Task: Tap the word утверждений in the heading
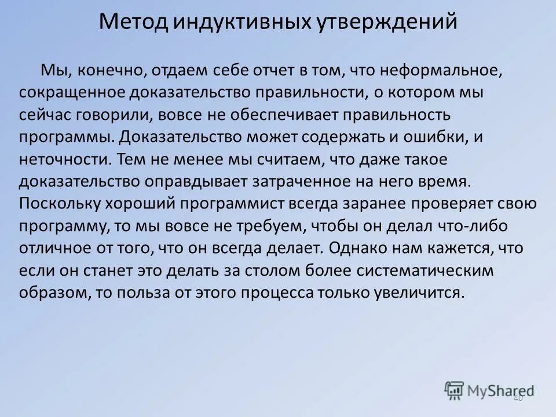[x=388, y=22]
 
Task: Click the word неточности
[x=65, y=159]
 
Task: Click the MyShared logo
[x=489, y=390]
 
